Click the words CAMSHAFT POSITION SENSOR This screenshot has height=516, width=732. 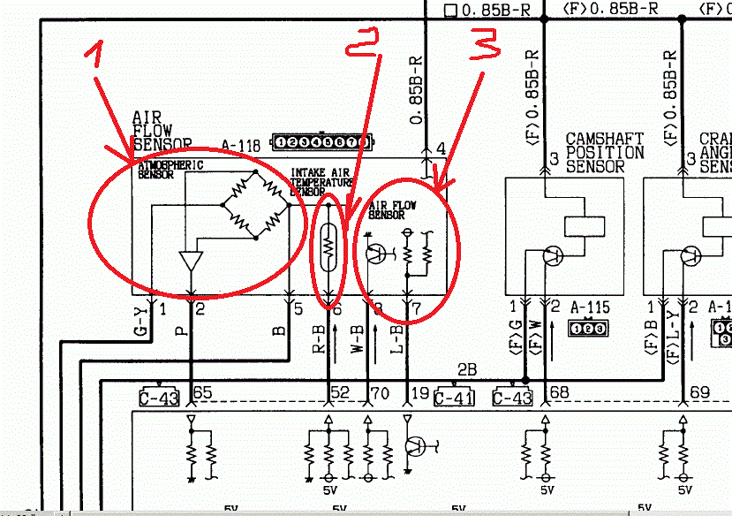click(605, 153)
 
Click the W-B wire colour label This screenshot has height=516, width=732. click(358, 341)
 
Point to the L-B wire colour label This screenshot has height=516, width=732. click(399, 341)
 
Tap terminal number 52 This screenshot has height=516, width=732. click(338, 392)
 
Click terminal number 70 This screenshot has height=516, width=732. click(380, 392)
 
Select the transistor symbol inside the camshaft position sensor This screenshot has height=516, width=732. click(553, 255)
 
